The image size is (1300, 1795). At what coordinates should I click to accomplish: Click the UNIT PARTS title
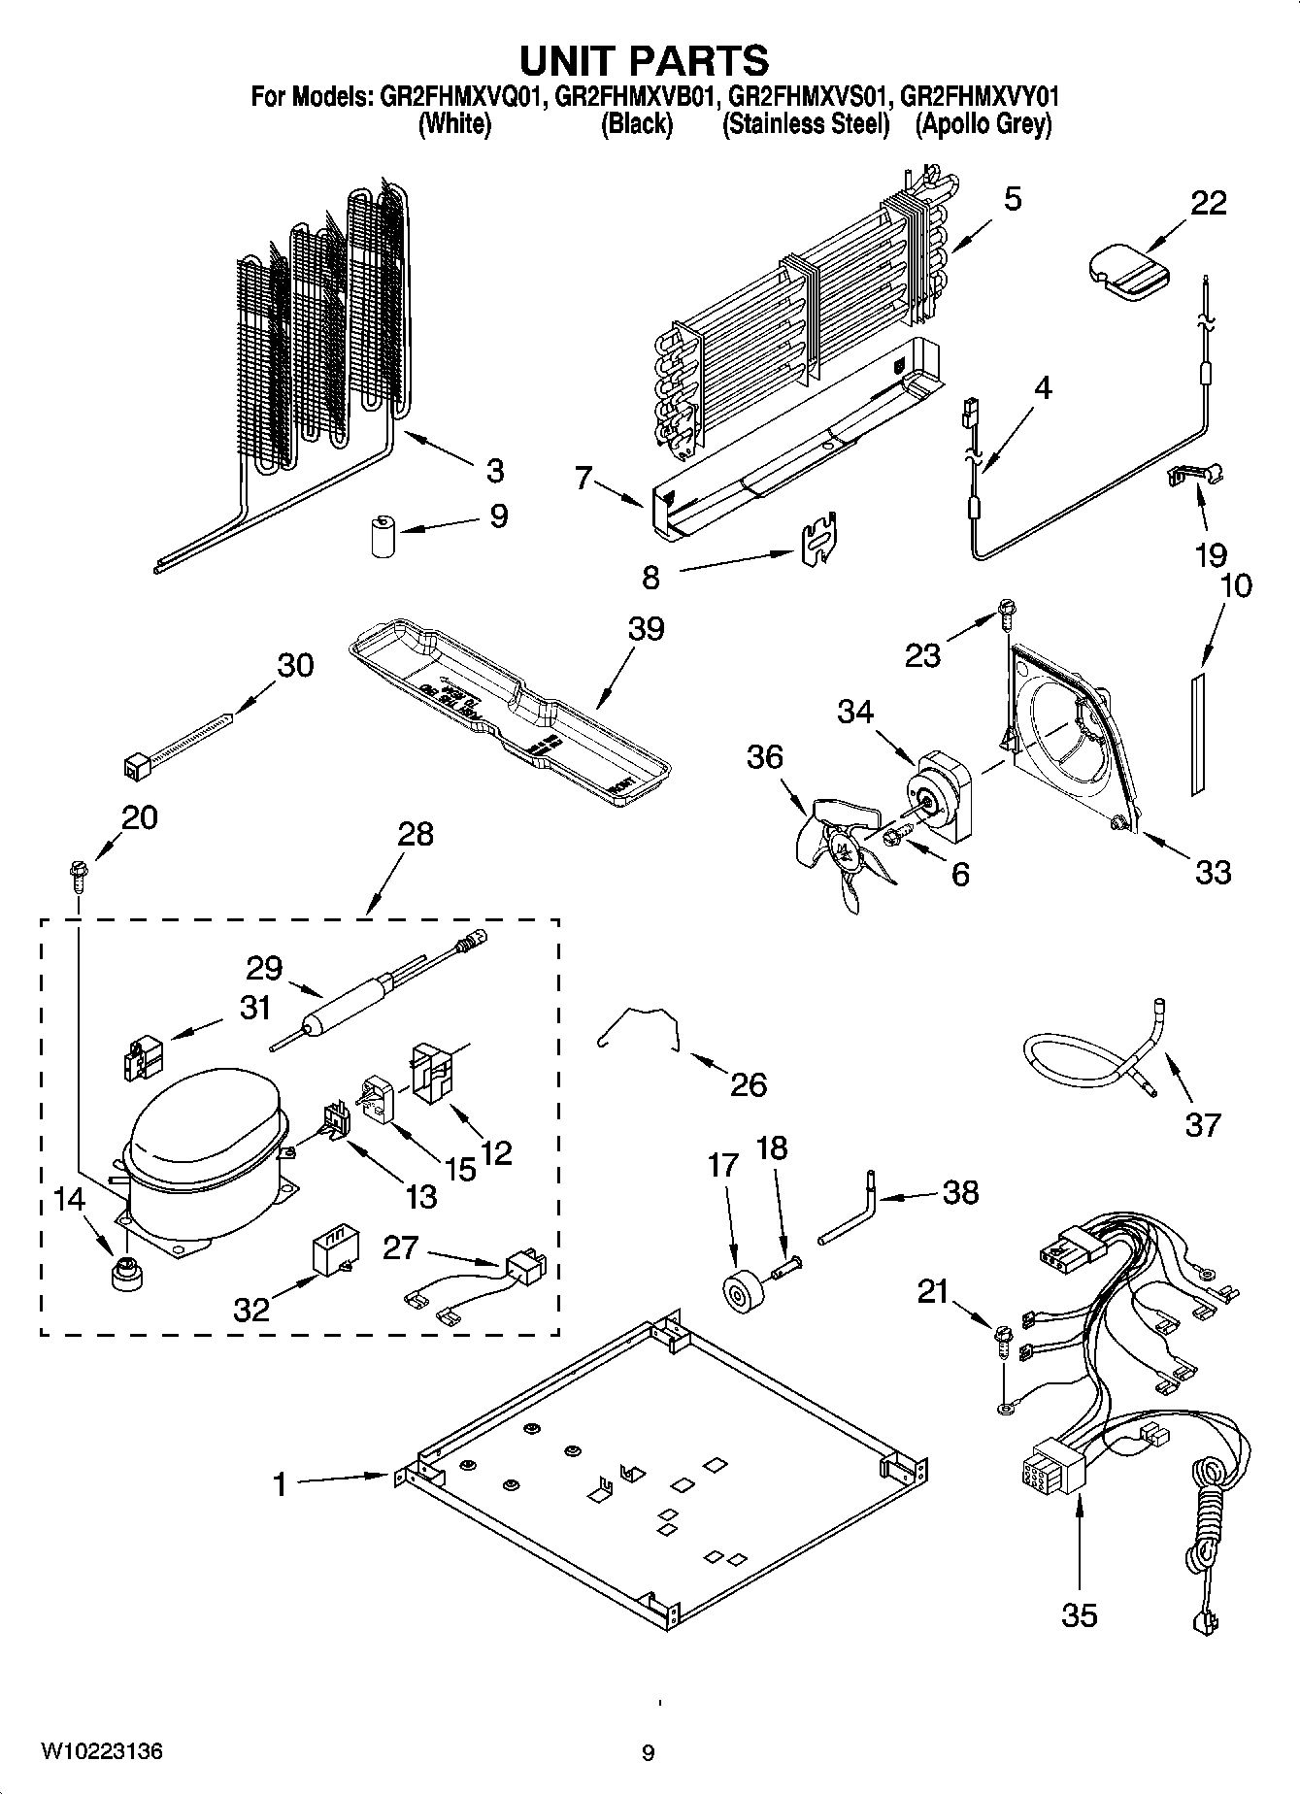pos(645,60)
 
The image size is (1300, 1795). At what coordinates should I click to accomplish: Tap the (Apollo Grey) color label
pos(983,124)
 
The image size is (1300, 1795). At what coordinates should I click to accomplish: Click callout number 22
pos(1208,203)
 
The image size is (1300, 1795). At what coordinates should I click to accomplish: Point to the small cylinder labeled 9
pos(384,537)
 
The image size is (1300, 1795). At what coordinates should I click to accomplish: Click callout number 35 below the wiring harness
pos(1079,1615)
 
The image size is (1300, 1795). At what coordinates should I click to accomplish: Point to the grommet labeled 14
pos(125,1273)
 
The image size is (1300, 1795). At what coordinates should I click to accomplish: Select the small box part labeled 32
pos(329,1255)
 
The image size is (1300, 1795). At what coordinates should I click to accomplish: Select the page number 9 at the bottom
pos(648,1753)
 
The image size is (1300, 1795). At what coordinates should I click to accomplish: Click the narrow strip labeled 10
pos(1197,731)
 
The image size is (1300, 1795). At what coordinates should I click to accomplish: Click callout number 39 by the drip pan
pos(646,628)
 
